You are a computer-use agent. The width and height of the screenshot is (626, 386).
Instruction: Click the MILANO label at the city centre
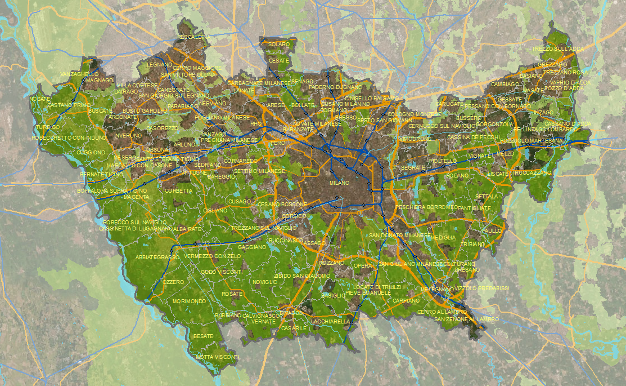[x=340, y=183]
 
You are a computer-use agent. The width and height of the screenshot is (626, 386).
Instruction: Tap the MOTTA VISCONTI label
[x=218, y=357]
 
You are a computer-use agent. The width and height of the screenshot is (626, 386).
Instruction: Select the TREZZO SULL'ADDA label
[x=558, y=49]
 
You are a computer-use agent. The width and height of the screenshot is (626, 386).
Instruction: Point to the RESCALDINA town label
[x=193, y=37]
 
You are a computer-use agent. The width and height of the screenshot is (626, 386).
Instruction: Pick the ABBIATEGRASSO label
[x=157, y=257]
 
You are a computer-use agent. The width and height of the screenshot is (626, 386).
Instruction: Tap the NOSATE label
[x=40, y=99]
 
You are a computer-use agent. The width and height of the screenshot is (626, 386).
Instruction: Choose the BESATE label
[x=203, y=336]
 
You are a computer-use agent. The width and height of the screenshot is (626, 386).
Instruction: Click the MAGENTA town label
[x=137, y=197]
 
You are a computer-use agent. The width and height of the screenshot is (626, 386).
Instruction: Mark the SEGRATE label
[x=413, y=168]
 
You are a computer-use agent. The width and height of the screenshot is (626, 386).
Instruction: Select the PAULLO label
[x=492, y=231]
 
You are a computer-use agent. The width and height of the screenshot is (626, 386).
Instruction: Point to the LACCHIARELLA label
[x=330, y=322]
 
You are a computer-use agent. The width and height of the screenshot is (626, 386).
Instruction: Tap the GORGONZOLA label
[x=494, y=124]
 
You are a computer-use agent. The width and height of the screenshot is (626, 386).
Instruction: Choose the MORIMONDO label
[x=189, y=301]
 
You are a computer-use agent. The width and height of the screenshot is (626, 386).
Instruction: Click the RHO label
[x=256, y=123]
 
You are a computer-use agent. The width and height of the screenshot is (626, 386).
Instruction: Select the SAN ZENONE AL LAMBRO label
[x=466, y=320]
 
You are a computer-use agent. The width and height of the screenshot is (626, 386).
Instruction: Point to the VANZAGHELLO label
[x=79, y=74]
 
